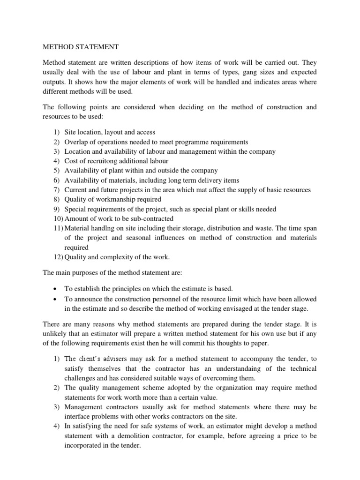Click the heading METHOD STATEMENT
tap(81, 47)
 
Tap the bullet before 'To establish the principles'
tap(56, 288)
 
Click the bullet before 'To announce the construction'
tap(56, 299)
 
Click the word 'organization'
tap(222, 388)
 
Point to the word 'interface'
tap(77, 417)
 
